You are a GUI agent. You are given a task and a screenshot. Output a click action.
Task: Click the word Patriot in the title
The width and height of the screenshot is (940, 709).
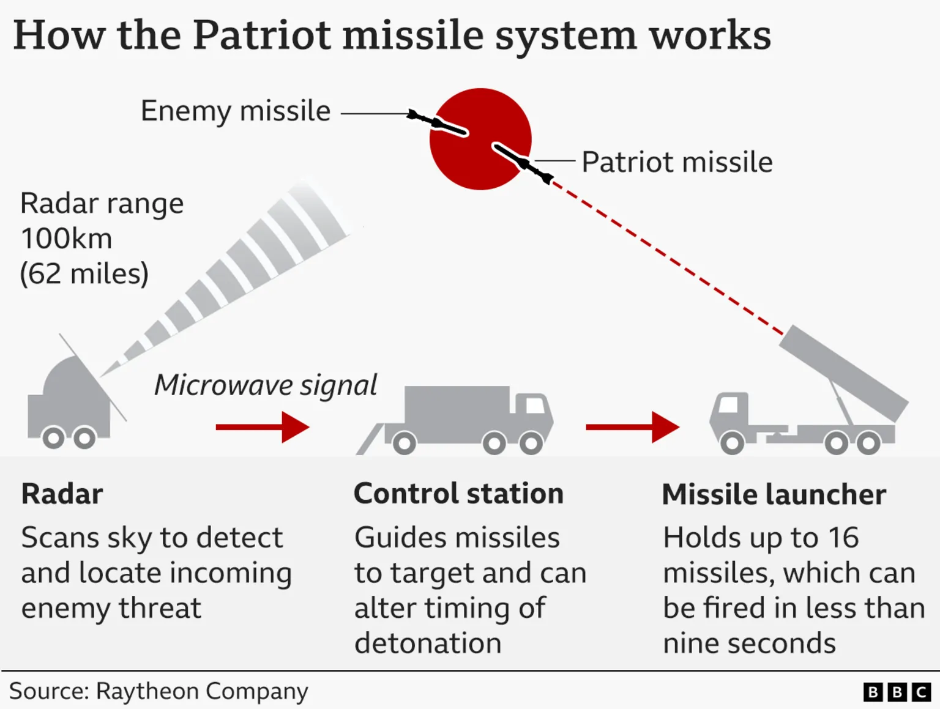[x=261, y=35]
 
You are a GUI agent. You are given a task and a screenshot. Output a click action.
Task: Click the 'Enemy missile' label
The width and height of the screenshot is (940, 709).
[x=236, y=111]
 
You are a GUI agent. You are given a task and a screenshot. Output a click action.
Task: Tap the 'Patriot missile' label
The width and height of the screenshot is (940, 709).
[x=677, y=163]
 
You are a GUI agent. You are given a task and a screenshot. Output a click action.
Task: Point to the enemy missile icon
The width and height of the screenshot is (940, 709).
[x=438, y=123]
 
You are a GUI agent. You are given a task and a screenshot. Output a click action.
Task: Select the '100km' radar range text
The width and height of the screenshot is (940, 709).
[x=67, y=239]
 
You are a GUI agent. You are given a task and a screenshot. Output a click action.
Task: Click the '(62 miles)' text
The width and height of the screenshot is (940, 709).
[x=84, y=273]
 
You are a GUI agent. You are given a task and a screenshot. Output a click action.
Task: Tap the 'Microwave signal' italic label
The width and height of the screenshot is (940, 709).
[x=265, y=385]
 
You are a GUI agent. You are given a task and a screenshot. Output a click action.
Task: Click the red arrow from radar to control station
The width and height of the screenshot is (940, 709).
[x=262, y=427]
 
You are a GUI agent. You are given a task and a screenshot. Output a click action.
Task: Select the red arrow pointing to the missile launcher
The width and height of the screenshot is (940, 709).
[x=632, y=427]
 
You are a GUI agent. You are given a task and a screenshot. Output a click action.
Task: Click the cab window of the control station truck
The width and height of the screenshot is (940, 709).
[x=535, y=404]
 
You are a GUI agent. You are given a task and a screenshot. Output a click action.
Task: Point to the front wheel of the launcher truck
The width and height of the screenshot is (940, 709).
[x=732, y=442]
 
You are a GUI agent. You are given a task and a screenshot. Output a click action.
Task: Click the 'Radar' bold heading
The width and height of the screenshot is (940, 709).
[x=62, y=494]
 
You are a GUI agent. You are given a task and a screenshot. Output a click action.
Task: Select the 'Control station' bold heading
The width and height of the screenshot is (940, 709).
[x=458, y=494]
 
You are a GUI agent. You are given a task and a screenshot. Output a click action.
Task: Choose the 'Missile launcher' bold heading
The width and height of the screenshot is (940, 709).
[x=774, y=494]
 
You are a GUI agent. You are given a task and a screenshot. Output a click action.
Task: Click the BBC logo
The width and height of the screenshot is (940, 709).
[x=897, y=692]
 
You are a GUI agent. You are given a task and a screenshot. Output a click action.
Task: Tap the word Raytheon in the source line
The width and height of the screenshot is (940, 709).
[x=147, y=691]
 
